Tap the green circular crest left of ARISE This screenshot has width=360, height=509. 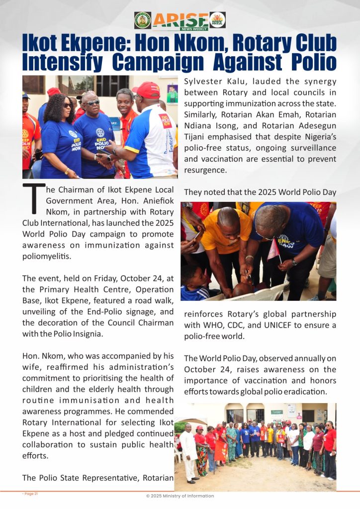142,20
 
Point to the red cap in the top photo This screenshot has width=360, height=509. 146,89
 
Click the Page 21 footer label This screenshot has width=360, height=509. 30,494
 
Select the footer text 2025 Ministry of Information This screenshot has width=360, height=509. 180,496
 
